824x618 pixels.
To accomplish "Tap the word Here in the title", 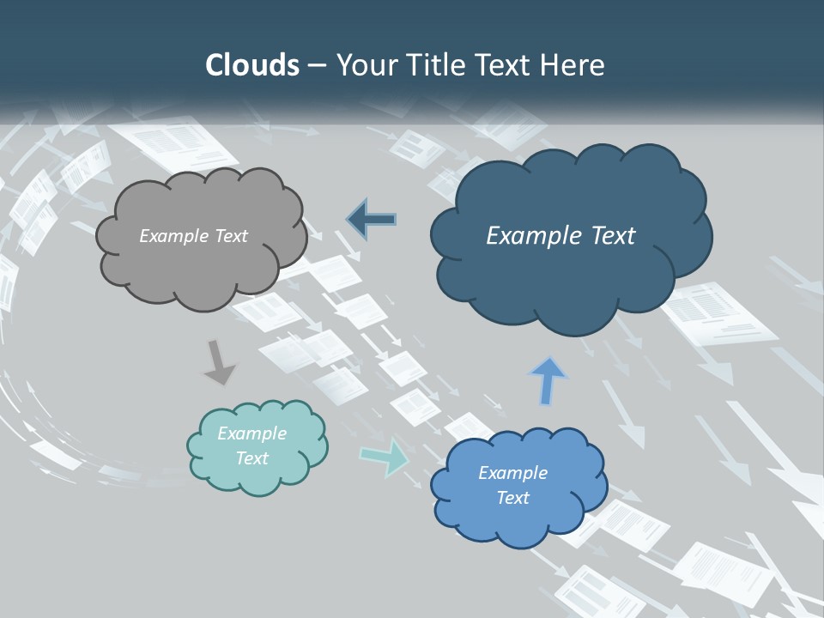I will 575,65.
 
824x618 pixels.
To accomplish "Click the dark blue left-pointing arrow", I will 372,219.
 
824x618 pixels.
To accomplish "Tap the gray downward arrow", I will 219,362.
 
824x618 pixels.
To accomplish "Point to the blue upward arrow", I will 548,380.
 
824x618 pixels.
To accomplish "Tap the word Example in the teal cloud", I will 251,433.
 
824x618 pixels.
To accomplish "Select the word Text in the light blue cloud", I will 512,498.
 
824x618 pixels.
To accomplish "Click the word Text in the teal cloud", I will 251,458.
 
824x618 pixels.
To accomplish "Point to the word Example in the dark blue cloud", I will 529,236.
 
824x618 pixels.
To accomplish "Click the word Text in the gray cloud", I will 230,236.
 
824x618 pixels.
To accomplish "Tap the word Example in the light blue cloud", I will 512,473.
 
